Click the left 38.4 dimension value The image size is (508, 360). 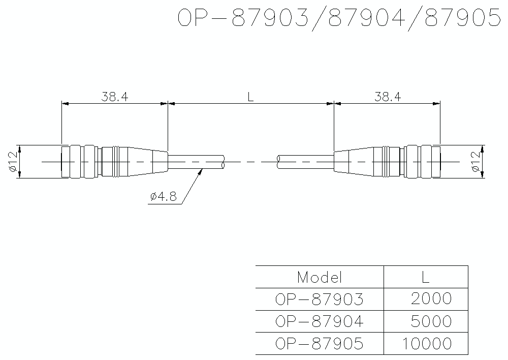tap(114, 97)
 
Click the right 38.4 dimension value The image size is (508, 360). tap(388, 97)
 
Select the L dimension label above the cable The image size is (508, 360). tap(250, 97)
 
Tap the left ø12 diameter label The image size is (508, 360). tap(13, 162)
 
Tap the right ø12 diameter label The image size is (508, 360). tap(475, 162)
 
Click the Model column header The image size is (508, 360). tap(320, 277)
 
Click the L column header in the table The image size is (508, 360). tap(426, 277)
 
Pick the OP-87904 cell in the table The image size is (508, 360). tap(320, 321)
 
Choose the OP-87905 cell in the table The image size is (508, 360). tap(320, 344)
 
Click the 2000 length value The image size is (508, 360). tap(431, 299)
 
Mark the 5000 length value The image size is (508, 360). tap(431, 321)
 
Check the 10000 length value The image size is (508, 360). tap(427, 344)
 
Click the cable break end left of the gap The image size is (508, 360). tap(224, 162)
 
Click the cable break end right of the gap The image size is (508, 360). tap(278, 162)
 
